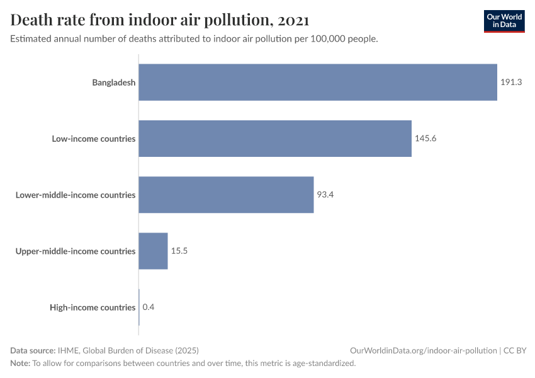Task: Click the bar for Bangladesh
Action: [318, 82]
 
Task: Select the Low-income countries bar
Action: [275, 139]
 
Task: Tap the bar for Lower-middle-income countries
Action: [226, 195]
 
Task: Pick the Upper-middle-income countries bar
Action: [153, 251]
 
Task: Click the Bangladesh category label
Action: [114, 83]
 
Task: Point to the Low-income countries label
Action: [94, 139]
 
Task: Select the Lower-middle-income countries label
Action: [76, 195]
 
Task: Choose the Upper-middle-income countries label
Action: [76, 251]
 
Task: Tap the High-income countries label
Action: [93, 307]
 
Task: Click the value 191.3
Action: [512, 83]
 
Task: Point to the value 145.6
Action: [425, 139]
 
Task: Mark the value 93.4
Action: [325, 195]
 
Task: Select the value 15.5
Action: [179, 251]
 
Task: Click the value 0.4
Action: [149, 307]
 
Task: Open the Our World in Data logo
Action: [504, 21]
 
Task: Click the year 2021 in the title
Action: [293, 20]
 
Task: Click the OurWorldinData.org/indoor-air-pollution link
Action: [423, 350]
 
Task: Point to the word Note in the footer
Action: [20, 364]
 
